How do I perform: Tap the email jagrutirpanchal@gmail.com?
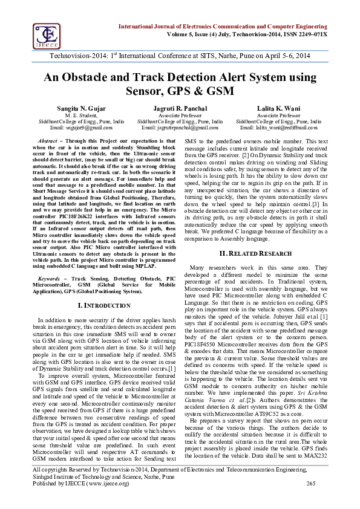180,128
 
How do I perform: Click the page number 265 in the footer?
312,499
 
